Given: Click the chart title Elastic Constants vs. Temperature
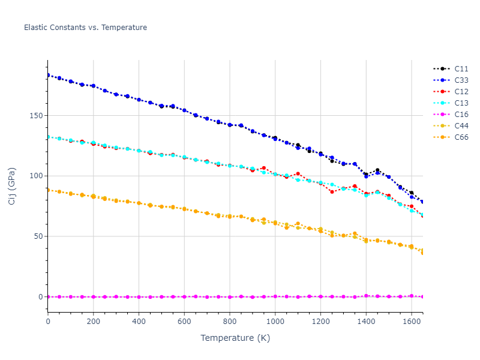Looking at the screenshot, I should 85,28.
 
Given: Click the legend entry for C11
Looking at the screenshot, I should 461,69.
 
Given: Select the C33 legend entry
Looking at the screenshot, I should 461,80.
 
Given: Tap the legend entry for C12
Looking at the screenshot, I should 461,92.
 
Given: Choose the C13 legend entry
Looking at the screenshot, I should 461,103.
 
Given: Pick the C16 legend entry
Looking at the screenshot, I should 461,115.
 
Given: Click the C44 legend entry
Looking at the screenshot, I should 461,126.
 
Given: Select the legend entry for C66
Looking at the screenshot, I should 461,137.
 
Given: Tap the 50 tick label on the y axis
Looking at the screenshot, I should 38,236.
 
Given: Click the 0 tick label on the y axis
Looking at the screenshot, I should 40,297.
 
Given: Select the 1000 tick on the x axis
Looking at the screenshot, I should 275,322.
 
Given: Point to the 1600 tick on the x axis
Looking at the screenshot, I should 411,322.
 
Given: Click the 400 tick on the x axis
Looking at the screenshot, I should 139,322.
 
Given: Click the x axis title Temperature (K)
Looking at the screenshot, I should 235,338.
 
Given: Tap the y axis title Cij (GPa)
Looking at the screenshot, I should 13,185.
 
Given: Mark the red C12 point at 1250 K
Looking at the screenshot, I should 332,191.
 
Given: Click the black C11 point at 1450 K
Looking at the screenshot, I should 377,170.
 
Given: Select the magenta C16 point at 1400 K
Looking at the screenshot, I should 366,296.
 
